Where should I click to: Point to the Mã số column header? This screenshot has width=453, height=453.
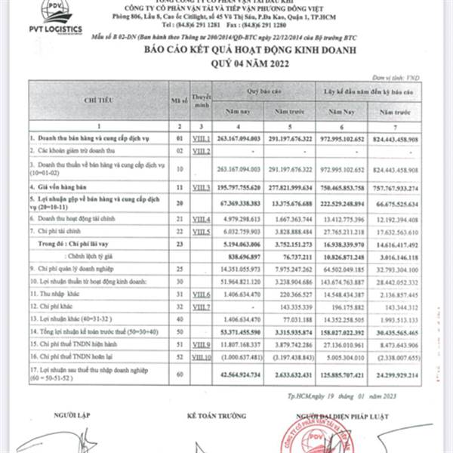pyautogui.click(x=179, y=99)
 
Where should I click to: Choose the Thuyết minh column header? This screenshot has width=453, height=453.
pyautogui.click(x=200, y=99)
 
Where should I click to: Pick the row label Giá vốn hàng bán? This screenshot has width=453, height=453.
pyautogui.click(x=60, y=186)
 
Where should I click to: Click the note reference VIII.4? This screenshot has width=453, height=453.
pyautogui.click(x=200, y=220)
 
